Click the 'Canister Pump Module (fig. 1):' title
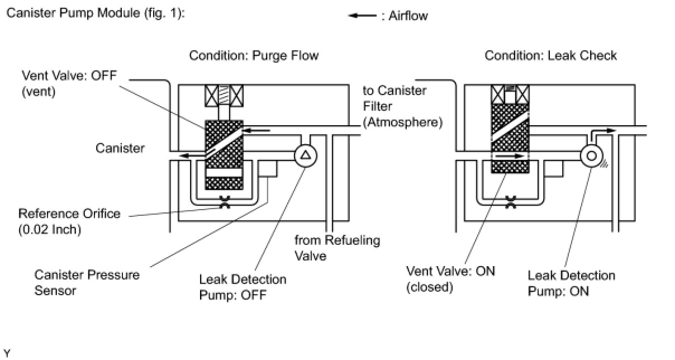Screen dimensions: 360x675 pyautogui.click(x=95, y=13)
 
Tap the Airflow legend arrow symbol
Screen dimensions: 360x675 pyautogui.click(x=362, y=16)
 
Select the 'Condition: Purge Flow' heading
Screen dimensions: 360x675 pyautogui.click(x=254, y=56)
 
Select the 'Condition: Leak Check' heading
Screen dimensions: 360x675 pyautogui.click(x=550, y=56)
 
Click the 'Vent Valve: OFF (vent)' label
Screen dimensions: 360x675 pyautogui.click(x=69, y=84)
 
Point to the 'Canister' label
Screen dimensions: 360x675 pyautogui.click(x=120, y=148)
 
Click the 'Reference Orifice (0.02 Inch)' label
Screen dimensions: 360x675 pyautogui.click(x=69, y=221)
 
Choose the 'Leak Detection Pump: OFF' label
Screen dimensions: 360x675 pyautogui.click(x=243, y=287)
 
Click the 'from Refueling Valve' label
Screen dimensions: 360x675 pyautogui.click(x=337, y=248)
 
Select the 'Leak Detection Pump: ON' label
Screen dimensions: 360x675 pyautogui.click(x=571, y=283)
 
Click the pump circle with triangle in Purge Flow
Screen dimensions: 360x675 pyautogui.click(x=305, y=155)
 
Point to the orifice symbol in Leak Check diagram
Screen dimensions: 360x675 pyautogui.click(x=510, y=202)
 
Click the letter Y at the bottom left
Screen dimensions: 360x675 pyautogui.click(x=7, y=353)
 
